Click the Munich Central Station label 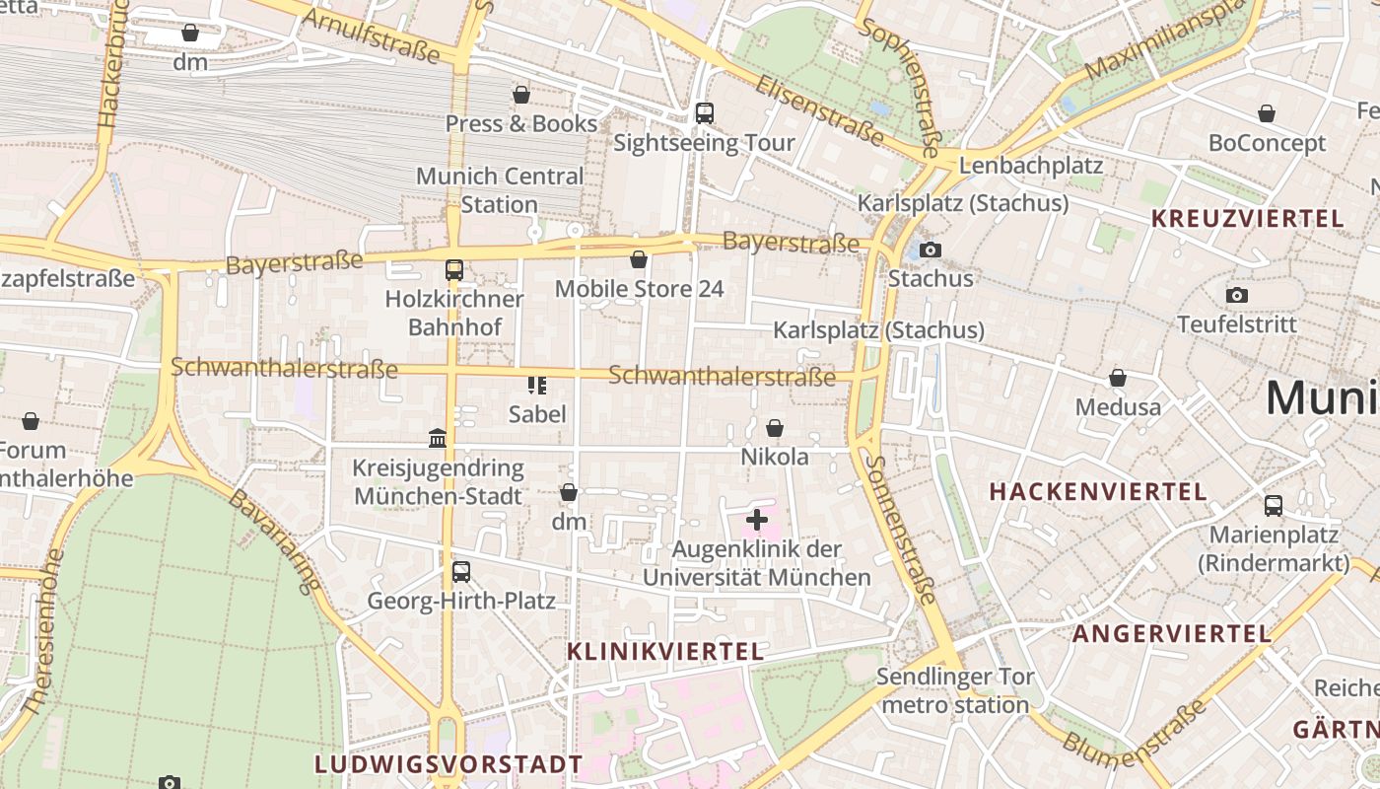(x=500, y=190)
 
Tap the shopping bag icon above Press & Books (x=521, y=95)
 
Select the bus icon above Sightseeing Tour (x=704, y=113)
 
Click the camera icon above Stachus (x=930, y=250)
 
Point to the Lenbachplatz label (x=1030, y=165)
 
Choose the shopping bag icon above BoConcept (x=1267, y=114)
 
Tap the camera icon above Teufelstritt (x=1237, y=295)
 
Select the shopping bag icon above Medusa (x=1118, y=378)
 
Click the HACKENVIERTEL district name (x=1098, y=491)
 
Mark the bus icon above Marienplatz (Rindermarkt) (x=1274, y=506)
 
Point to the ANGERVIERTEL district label (x=1171, y=633)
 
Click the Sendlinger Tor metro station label (x=955, y=690)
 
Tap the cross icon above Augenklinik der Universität (x=757, y=519)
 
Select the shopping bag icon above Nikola (x=775, y=428)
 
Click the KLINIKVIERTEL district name (x=665, y=651)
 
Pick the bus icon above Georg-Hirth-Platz (x=460, y=571)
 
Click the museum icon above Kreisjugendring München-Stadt (x=438, y=437)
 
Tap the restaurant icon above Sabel (x=536, y=385)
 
